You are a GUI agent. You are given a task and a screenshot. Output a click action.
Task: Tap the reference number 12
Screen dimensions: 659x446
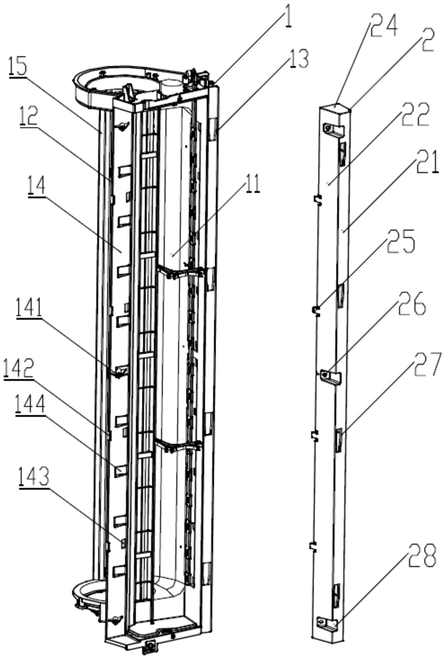coord(29,115)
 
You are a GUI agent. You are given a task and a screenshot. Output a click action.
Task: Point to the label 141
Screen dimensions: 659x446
coord(29,307)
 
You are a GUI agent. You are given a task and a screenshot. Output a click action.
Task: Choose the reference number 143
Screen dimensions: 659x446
coord(34,477)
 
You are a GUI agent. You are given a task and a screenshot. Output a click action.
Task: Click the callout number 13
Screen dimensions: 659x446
coord(299,59)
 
